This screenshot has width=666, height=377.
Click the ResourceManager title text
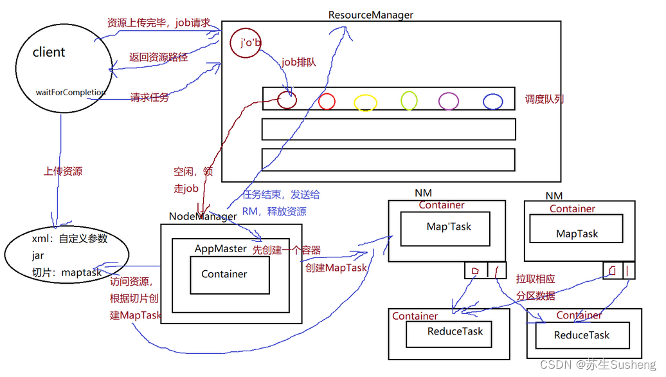[x=371, y=14]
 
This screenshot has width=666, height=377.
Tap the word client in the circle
[x=49, y=52]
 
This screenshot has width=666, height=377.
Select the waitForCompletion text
[x=70, y=93]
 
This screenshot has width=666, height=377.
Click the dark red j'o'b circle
[x=246, y=43]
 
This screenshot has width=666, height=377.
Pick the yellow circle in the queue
[x=365, y=102]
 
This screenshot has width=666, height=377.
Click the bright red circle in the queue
[x=327, y=101]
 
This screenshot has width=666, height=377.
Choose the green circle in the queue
[x=409, y=100]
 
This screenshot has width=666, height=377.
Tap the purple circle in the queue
[x=449, y=100]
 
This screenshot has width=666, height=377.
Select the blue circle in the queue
[x=492, y=101]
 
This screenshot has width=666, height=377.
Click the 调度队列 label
[x=544, y=99]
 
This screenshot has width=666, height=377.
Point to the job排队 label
[x=298, y=62]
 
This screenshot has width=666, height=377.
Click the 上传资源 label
[x=62, y=172]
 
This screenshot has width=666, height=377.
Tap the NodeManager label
[x=203, y=217]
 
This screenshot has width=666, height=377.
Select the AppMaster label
[x=221, y=248]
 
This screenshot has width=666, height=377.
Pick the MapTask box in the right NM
[x=577, y=234]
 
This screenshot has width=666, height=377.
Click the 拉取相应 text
[x=535, y=279]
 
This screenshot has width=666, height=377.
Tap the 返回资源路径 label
[x=158, y=57]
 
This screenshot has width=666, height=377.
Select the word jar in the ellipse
[x=38, y=255]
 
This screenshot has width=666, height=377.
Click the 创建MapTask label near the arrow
[x=336, y=267]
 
